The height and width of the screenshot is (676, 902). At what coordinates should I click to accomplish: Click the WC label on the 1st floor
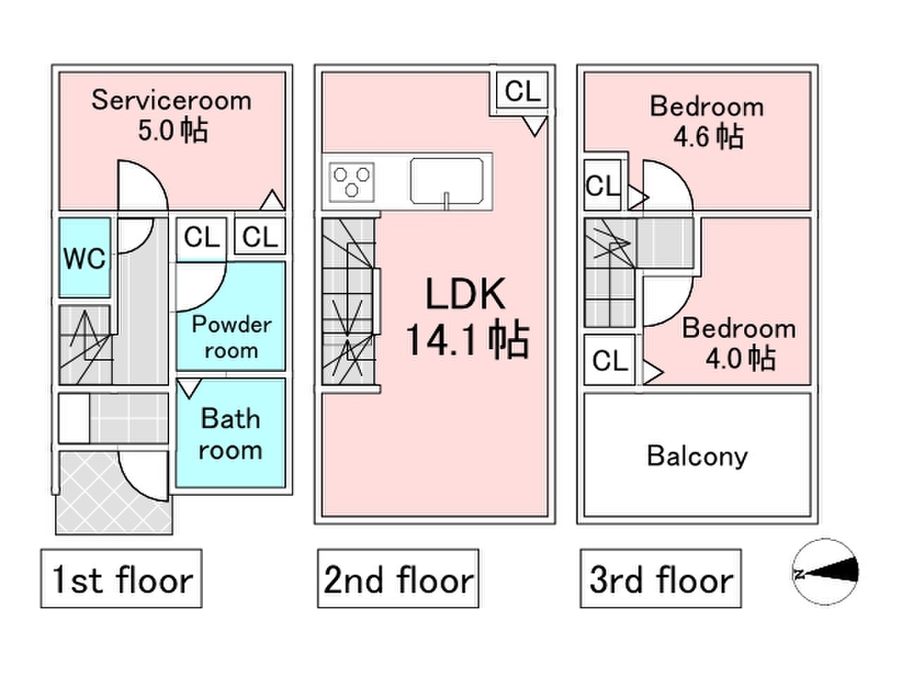tap(85, 258)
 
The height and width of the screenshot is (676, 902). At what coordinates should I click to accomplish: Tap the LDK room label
tap(466, 294)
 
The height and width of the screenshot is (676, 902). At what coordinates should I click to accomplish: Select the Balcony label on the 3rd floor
tap(697, 456)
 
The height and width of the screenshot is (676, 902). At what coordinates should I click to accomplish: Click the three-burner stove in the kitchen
tap(352, 181)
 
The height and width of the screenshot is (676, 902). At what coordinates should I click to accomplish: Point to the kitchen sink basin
tap(446, 181)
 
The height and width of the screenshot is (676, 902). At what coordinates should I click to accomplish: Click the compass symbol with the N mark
tap(825, 572)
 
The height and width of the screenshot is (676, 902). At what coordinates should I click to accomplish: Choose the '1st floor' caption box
tap(122, 578)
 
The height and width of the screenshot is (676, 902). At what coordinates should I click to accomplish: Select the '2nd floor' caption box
tap(398, 578)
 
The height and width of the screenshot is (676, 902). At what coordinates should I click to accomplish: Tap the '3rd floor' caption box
tap(660, 578)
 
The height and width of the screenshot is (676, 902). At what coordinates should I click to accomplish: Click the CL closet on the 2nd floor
tap(522, 90)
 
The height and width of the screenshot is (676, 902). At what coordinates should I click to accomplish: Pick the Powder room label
tap(232, 337)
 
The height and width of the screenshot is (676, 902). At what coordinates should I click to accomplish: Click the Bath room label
tap(230, 434)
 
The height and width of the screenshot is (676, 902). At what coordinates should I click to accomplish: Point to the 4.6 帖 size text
tap(708, 137)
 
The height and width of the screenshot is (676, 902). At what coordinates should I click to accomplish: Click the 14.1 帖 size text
tap(467, 340)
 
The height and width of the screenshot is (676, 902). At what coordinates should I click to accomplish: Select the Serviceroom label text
tap(172, 101)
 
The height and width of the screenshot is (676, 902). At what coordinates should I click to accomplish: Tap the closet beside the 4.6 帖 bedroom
tap(602, 185)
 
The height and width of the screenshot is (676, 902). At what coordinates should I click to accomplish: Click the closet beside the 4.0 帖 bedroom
tap(610, 361)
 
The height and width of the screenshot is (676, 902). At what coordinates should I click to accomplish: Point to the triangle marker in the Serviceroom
tap(271, 199)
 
